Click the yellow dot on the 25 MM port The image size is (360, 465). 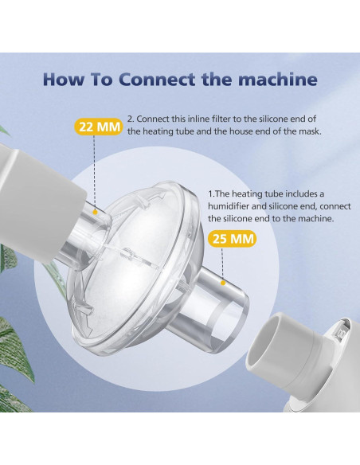click(x=225, y=281)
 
